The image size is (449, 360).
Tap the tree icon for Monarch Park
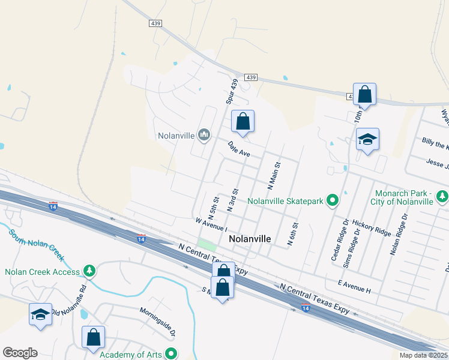pos(442,196)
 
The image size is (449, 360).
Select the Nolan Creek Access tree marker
pos(89,272)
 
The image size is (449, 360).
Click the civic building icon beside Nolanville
pos(204,135)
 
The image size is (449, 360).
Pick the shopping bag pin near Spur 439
pos(243,121)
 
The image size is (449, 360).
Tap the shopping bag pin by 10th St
pos(364,94)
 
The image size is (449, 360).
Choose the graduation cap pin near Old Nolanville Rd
pos(41,314)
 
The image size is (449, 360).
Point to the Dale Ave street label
pos(239,149)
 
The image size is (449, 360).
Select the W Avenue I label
pos(211,224)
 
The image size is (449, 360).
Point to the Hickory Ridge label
pos(372,227)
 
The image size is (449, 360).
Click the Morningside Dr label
pos(157,321)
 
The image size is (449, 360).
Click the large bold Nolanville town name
pos(250,239)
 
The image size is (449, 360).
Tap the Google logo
pos(20,353)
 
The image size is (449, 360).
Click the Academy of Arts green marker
pos(171,355)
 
